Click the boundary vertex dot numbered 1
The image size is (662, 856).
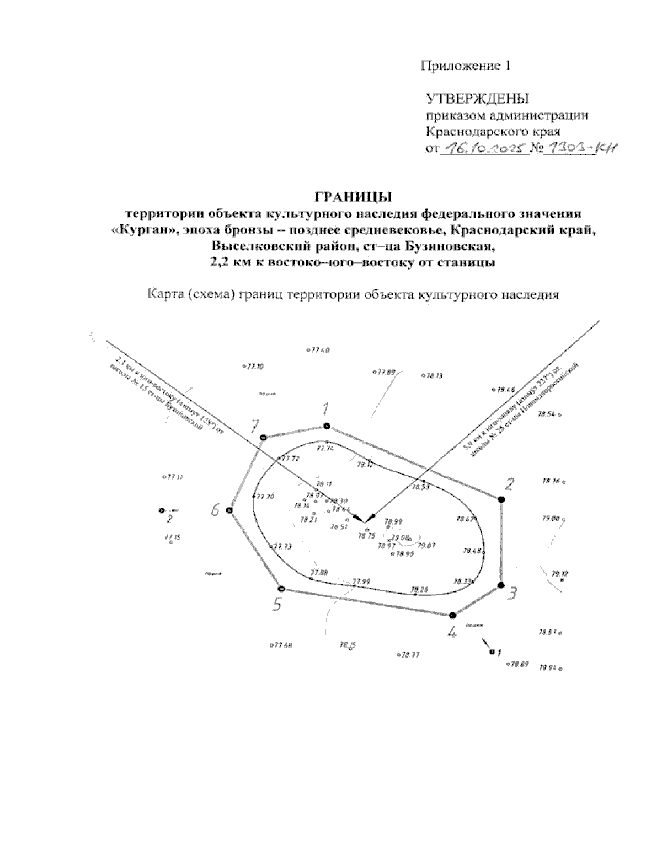click(x=327, y=426)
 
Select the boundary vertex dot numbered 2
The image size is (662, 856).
click(x=501, y=499)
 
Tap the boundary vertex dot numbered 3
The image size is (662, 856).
click(x=501, y=585)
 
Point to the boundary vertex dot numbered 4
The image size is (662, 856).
click(x=452, y=615)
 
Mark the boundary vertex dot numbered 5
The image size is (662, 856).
click(x=281, y=588)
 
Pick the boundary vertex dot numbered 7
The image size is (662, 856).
click(x=263, y=438)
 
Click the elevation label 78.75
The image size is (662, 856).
click(x=366, y=535)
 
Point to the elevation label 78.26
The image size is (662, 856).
click(x=420, y=589)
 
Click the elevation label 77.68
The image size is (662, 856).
click(x=282, y=645)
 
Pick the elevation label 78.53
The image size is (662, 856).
click(x=421, y=487)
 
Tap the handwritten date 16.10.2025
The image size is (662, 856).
click(x=483, y=148)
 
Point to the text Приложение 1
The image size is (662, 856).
click(x=466, y=66)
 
